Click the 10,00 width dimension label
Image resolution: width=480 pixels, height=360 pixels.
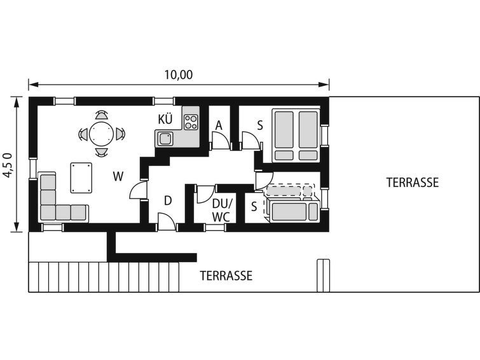[179, 75]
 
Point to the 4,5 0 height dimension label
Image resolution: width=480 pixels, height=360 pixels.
[8, 165]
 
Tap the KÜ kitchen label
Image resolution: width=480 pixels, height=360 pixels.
[165, 119]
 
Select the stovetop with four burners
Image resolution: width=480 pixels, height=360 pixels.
[191, 122]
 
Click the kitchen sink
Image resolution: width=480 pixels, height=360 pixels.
[165, 139]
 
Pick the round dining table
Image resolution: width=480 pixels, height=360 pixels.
[102, 134]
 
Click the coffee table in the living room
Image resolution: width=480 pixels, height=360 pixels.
[81, 177]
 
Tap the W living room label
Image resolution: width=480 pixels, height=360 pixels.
[118, 177]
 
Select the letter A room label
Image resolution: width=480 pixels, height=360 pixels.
[219, 125]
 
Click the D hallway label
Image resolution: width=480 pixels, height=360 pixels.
[168, 201]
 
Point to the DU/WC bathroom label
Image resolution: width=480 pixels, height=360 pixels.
[223, 210]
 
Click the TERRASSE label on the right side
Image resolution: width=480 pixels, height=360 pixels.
[413, 183]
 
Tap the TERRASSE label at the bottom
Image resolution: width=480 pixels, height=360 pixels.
[226, 276]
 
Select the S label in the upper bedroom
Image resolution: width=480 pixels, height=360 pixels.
[260, 125]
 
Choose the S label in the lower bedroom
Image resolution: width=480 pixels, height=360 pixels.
[254, 207]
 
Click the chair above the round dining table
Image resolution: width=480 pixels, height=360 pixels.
[102, 114]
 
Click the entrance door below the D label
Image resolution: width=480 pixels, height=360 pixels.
[167, 222]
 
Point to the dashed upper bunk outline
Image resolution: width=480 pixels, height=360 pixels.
[290, 191]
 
